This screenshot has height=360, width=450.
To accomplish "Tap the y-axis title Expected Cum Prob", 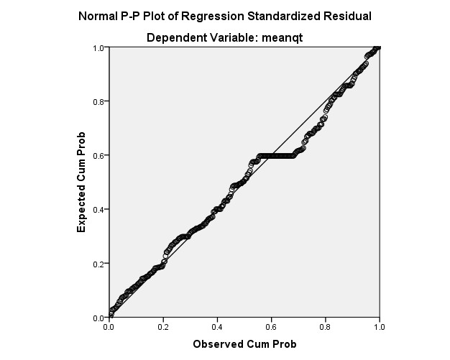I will pyautogui.click(x=83, y=182).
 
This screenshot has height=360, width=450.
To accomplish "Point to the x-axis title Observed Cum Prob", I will pyautogui.click(x=244, y=344).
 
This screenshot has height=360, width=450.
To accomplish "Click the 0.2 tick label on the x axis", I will pyautogui.click(x=163, y=327).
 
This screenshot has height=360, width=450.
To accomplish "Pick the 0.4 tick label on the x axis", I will pyautogui.click(x=217, y=327).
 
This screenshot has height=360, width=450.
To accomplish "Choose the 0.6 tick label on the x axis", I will pyautogui.click(x=271, y=327).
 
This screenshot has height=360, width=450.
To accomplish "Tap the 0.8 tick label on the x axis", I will pyautogui.click(x=325, y=327).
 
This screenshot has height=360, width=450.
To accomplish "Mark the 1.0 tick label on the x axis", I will pyautogui.click(x=379, y=327).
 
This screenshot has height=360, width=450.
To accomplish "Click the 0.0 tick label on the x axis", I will pyautogui.click(x=109, y=327).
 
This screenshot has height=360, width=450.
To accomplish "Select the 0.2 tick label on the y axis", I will pyautogui.click(x=99, y=264).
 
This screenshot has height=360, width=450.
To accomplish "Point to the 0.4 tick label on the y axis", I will pyautogui.click(x=99, y=210).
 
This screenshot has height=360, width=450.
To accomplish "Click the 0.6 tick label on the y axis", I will pyautogui.click(x=99, y=155).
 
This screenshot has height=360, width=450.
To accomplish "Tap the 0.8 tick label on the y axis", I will pyautogui.click(x=99, y=101).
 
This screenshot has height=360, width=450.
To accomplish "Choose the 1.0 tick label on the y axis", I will pyautogui.click(x=99, y=47).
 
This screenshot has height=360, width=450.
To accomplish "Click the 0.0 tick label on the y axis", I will pyautogui.click(x=99, y=318).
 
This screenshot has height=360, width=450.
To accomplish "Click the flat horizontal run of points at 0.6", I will pyautogui.click(x=277, y=155).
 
